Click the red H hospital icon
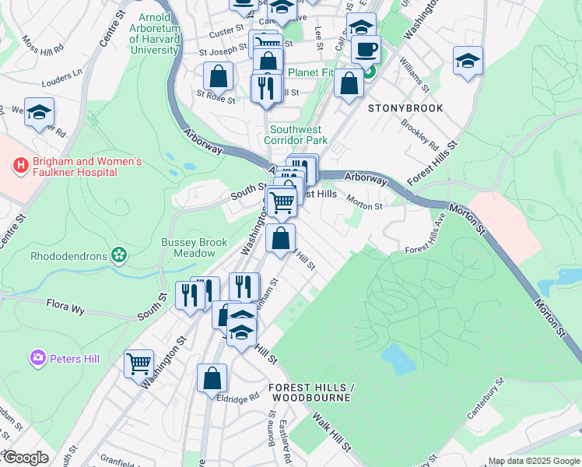pos(20,166)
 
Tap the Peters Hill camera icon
pos(37,358)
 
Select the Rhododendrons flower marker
pos(119,255)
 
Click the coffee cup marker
pos(366,50)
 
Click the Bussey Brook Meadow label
pos(188,248)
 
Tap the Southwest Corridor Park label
pos(299,135)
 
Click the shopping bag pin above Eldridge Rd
pos(212,379)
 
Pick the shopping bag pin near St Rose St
pos(218,76)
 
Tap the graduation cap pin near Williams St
pos(468,60)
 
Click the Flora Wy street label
pos(65,304)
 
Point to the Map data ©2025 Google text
pos(533,461)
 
